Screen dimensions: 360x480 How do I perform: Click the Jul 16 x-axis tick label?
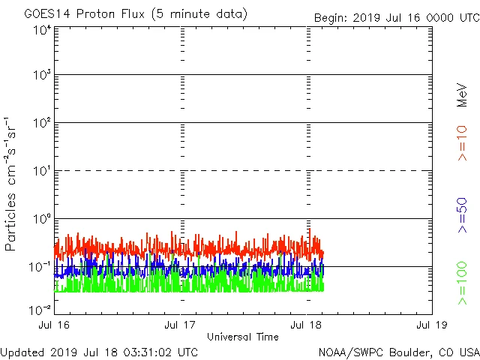(55, 325)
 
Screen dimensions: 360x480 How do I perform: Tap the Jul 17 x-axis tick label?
(181, 325)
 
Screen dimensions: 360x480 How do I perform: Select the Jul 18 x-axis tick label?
(307, 325)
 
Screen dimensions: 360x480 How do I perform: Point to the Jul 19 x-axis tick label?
(430, 325)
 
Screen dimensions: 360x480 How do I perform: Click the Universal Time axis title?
(243, 337)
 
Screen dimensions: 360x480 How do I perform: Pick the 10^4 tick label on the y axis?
(40, 30)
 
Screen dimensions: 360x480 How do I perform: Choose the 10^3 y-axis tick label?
(40, 75)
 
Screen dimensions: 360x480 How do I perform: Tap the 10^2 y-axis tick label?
(40, 122)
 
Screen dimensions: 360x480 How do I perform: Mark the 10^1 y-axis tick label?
(40, 171)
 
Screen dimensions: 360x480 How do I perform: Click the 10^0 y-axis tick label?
(40, 218)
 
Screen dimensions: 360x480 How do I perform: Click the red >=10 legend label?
(462, 142)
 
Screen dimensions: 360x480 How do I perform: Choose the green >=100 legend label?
(462, 283)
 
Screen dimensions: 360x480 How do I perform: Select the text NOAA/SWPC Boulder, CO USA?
(398, 352)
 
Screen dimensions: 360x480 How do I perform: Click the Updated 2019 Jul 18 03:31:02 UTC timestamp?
(99, 352)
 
